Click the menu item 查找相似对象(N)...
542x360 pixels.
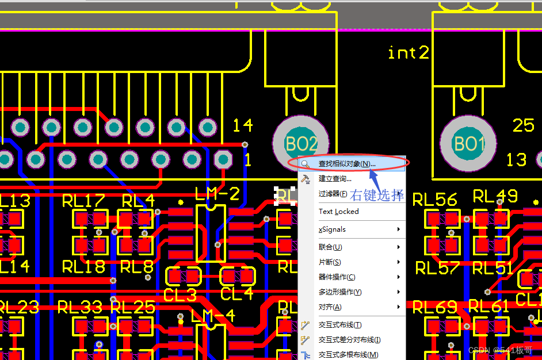click(x=346, y=164)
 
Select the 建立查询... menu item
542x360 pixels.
click(x=335, y=179)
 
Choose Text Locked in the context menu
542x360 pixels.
click(x=338, y=212)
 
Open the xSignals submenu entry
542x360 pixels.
click(x=333, y=229)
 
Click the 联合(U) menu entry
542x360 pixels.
click(x=330, y=247)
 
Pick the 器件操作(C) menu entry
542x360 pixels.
click(x=337, y=277)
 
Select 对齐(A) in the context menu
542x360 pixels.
click(x=330, y=307)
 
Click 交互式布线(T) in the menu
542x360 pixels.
click(x=340, y=325)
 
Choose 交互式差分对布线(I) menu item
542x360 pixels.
click(x=349, y=340)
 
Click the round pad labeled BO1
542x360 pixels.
click(x=469, y=144)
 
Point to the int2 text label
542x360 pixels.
click(x=409, y=53)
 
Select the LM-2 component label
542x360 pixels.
click(x=217, y=194)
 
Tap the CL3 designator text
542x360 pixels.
click(x=180, y=295)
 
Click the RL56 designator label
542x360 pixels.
click(x=435, y=200)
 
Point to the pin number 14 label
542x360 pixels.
click(x=242, y=125)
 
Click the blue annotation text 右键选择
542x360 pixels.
click(x=377, y=195)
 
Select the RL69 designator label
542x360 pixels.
click(x=435, y=307)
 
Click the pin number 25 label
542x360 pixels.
click(x=523, y=125)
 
